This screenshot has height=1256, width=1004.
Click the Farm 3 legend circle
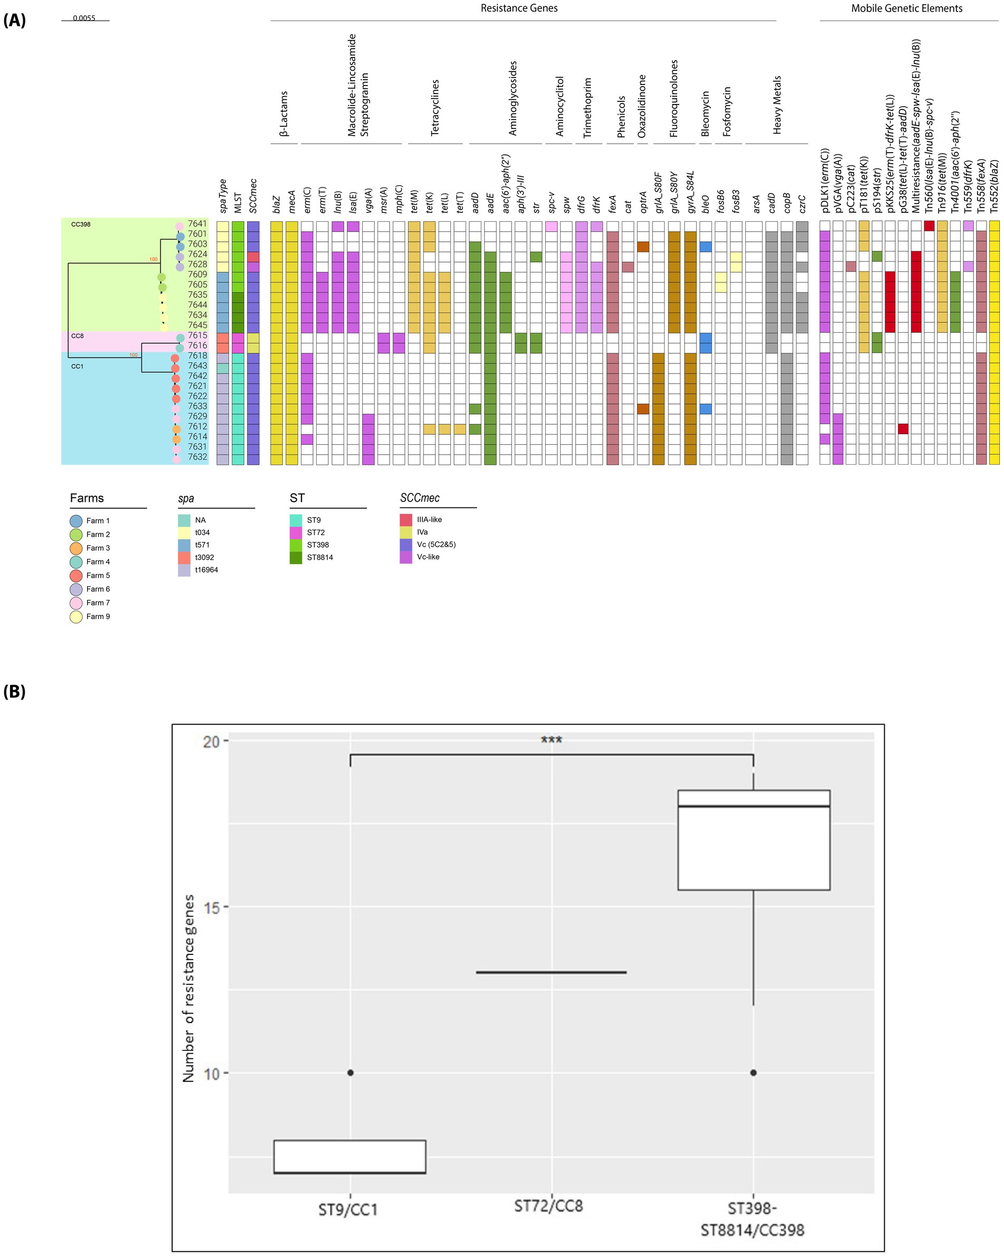click(x=75, y=548)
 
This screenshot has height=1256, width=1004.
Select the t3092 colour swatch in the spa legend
click(x=184, y=558)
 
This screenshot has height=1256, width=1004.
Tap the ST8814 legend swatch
click(x=296, y=558)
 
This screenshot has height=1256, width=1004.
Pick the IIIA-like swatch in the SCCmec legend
click(x=406, y=520)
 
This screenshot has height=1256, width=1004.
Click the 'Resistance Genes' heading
click(x=519, y=8)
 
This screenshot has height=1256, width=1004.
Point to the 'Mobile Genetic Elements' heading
click(x=907, y=8)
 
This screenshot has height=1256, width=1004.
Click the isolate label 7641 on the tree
click(x=197, y=224)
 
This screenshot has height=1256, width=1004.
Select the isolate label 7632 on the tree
click(x=197, y=457)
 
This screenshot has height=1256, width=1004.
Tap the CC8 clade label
click(x=78, y=336)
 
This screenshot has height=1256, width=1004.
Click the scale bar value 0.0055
click(x=84, y=18)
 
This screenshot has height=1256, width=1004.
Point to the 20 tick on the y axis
click(x=211, y=742)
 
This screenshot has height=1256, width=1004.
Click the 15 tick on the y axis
click(x=211, y=907)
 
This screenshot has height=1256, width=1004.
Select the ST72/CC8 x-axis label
click(x=548, y=1205)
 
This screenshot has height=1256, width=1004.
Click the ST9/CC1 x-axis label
click(x=348, y=1210)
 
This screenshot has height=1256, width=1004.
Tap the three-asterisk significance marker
click(x=551, y=741)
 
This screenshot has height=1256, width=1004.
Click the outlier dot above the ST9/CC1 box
click(x=350, y=1073)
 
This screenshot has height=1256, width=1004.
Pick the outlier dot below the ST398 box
click(x=753, y=1073)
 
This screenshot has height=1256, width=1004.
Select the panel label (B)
click(x=15, y=691)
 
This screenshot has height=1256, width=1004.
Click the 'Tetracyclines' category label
click(x=435, y=108)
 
